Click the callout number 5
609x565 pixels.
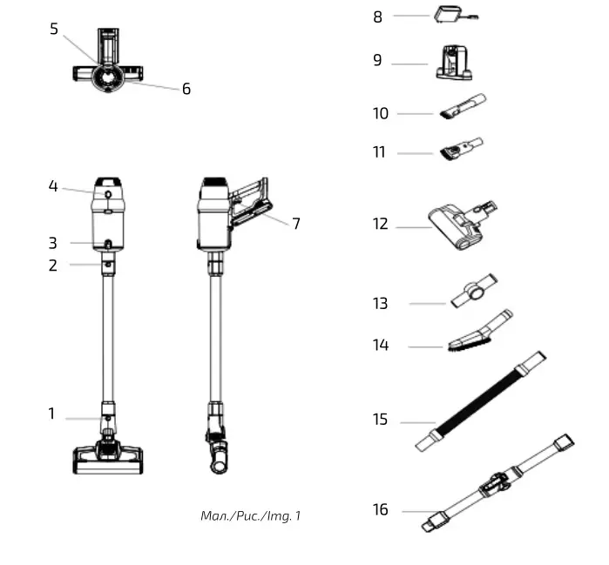pos(54,29)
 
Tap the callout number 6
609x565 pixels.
pos(186,89)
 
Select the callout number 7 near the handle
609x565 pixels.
pos(295,224)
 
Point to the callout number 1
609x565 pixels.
pos(51,414)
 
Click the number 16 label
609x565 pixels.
pos(381,510)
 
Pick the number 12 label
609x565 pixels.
pos(381,225)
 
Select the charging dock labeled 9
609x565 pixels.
pos(453,63)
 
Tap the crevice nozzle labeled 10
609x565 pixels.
pos(462,110)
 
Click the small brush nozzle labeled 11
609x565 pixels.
pos(462,149)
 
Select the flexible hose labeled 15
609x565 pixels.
pos(482,400)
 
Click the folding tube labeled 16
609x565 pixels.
pos(497,482)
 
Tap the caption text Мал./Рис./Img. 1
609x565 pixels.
pos(250,516)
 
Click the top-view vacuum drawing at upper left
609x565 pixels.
pos(107,63)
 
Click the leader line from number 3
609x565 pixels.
pos(83,243)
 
